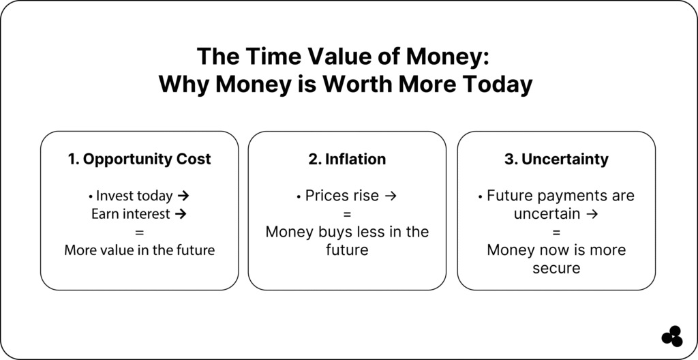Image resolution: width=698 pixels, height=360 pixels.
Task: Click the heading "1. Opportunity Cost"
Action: tap(139, 160)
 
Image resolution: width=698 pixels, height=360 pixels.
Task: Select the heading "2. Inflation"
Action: tap(347, 159)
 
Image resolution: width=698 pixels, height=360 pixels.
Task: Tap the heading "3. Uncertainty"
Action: tap(556, 160)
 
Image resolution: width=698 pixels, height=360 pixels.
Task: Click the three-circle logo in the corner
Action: tap(672, 336)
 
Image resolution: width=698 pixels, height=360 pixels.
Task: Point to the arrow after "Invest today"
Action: tap(182, 196)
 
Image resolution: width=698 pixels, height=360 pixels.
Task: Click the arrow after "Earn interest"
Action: tap(180, 214)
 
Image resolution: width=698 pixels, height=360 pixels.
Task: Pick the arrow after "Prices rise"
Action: tap(391, 196)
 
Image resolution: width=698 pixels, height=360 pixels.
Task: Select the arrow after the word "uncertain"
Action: tap(592, 214)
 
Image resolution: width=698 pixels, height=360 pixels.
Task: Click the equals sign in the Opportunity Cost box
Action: tap(139, 232)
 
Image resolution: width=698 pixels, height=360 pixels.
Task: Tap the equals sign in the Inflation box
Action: tap(347, 214)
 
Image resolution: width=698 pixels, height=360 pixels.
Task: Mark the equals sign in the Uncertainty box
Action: tap(556, 232)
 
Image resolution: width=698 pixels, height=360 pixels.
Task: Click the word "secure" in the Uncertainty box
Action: tap(556, 269)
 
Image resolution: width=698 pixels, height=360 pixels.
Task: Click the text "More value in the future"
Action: tap(139, 250)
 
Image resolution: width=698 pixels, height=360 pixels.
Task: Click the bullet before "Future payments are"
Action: tap(481, 196)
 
